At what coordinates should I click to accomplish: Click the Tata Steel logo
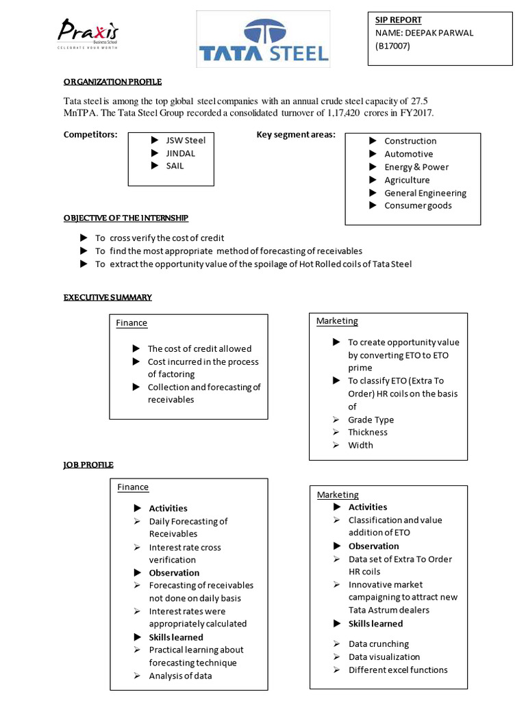click(x=264, y=40)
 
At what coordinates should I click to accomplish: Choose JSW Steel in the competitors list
click(x=185, y=140)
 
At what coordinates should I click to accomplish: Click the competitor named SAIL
click(x=175, y=166)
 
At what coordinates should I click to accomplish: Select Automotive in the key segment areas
click(x=408, y=154)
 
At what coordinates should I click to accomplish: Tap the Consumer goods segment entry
click(x=418, y=205)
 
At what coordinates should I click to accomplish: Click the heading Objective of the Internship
click(x=126, y=218)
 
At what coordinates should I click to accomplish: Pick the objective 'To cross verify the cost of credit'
click(x=160, y=238)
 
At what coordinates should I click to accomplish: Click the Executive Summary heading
click(x=108, y=297)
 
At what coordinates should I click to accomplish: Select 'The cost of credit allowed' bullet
click(x=199, y=348)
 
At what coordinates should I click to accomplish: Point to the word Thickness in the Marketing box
click(x=368, y=432)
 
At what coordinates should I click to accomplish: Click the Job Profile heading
click(x=88, y=465)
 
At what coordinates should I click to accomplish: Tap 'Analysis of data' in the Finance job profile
click(x=180, y=676)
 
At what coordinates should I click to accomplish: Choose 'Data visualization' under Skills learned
click(x=384, y=657)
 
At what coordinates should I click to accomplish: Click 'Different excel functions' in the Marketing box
click(x=398, y=670)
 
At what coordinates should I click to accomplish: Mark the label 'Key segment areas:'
click(x=296, y=135)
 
